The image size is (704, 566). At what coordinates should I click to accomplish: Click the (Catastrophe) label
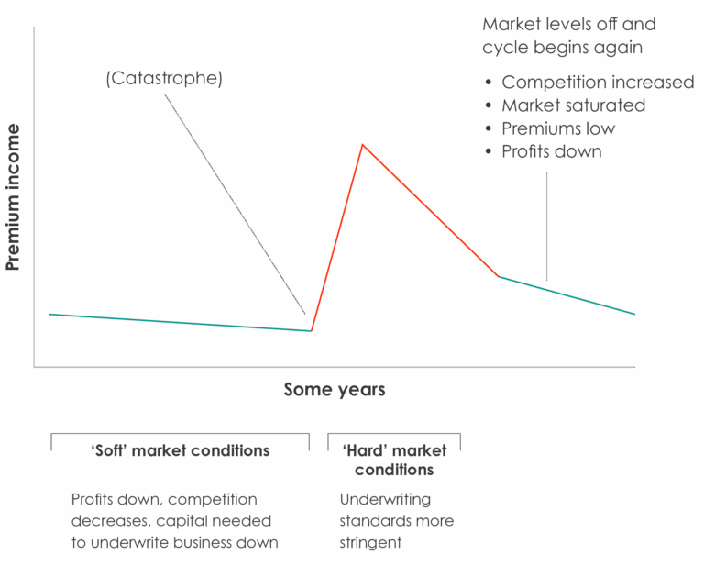pyautogui.click(x=164, y=79)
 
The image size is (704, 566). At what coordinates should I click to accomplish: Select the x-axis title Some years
pyautogui.click(x=334, y=390)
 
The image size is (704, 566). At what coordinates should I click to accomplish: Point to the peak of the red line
pyautogui.click(x=363, y=145)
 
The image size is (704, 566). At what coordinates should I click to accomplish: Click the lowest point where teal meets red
pyautogui.click(x=312, y=330)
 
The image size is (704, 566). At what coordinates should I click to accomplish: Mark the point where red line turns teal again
pyautogui.click(x=498, y=276)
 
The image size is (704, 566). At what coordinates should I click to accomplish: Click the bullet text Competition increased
pyautogui.click(x=598, y=83)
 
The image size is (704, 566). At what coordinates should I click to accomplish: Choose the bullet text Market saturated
pyautogui.click(x=573, y=105)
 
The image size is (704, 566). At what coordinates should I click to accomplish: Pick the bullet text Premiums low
pyautogui.click(x=557, y=128)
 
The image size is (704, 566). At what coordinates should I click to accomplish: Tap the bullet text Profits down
pyautogui.click(x=551, y=151)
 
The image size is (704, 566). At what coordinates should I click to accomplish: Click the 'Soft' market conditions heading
pyautogui.click(x=181, y=450)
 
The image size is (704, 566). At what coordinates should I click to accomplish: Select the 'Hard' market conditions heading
pyautogui.click(x=394, y=460)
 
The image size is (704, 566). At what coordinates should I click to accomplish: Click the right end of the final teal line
pyautogui.click(x=633, y=314)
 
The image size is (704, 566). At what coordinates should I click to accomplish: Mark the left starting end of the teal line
pyautogui.click(x=49, y=314)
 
